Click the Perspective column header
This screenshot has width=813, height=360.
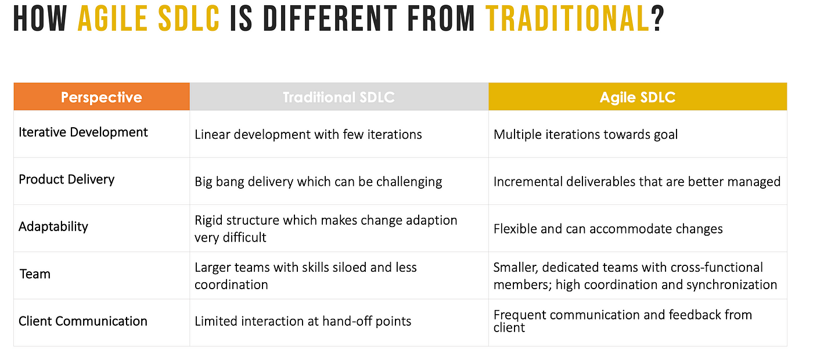101,97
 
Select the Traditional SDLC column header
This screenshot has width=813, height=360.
339,97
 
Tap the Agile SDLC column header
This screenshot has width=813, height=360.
638,97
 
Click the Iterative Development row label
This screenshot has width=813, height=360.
83,132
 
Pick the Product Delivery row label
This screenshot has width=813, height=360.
66,179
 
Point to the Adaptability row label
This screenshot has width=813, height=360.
53,227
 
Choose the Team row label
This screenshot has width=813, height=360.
35,274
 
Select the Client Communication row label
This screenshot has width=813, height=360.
82,321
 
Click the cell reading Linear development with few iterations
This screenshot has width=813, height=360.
308,135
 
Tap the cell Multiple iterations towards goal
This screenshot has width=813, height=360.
585,135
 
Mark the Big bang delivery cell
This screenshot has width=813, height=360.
318,182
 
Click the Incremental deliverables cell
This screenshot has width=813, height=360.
637,182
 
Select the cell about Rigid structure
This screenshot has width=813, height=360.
326,229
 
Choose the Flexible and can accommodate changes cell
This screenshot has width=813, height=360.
609,229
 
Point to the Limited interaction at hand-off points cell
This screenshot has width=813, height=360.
303,321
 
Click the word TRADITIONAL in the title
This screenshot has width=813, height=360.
568,18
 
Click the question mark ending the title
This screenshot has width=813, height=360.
657,18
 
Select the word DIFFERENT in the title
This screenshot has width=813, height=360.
330,18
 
